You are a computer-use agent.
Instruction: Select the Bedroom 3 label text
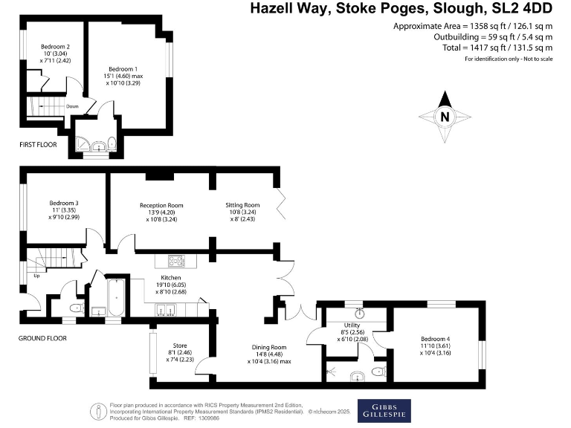click(x=64, y=203)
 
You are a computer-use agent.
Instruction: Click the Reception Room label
click(x=161, y=205)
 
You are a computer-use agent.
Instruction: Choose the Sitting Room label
click(x=242, y=205)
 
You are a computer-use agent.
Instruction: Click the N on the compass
click(x=445, y=117)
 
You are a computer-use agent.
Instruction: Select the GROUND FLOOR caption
click(x=42, y=338)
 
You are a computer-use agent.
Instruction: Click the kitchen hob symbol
click(x=176, y=260)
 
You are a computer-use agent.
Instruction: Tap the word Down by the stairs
click(x=72, y=106)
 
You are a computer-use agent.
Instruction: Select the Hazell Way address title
click(x=401, y=9)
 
